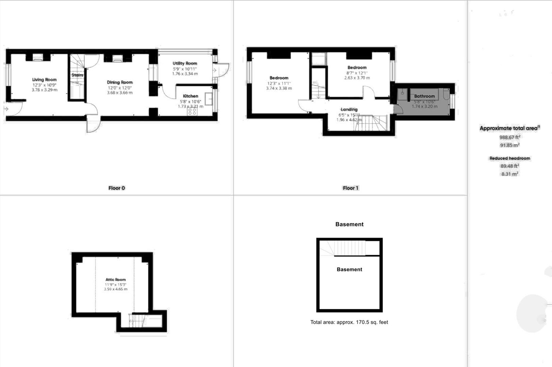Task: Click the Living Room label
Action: [44, 80]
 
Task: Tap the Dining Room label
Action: [119, 82]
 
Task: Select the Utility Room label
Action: [185, 63]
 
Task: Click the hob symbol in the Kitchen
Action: [192, 111]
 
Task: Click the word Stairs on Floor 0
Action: [77, 75]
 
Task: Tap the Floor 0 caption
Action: [117, 188]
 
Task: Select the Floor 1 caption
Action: [350, 188]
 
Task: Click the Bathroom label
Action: [424, 96]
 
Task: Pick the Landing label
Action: [349, 109]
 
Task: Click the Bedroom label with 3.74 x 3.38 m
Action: [279, 78]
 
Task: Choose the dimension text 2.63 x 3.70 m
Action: [357, 78]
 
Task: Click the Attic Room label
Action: [115, 280]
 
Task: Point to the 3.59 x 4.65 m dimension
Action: [116, 289]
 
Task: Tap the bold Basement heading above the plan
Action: [349, 224]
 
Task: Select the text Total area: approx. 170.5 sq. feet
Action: [349, 322]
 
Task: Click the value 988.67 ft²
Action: [509, 137]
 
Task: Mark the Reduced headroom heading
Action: [509, 158]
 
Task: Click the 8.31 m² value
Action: [509, 174]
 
